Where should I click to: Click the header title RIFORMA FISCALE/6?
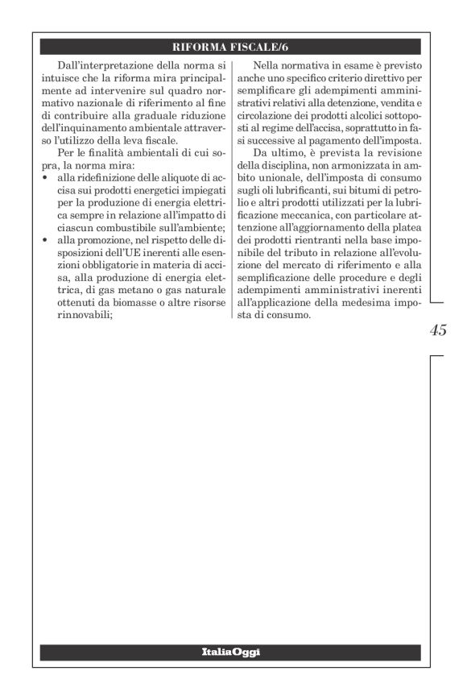[233, 48]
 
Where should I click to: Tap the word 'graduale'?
[148, 118]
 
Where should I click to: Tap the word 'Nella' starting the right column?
[267, 64]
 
